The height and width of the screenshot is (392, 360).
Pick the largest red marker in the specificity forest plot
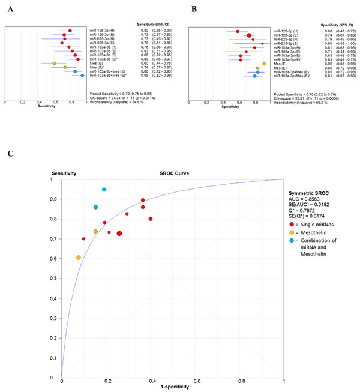(x=249, y=35)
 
